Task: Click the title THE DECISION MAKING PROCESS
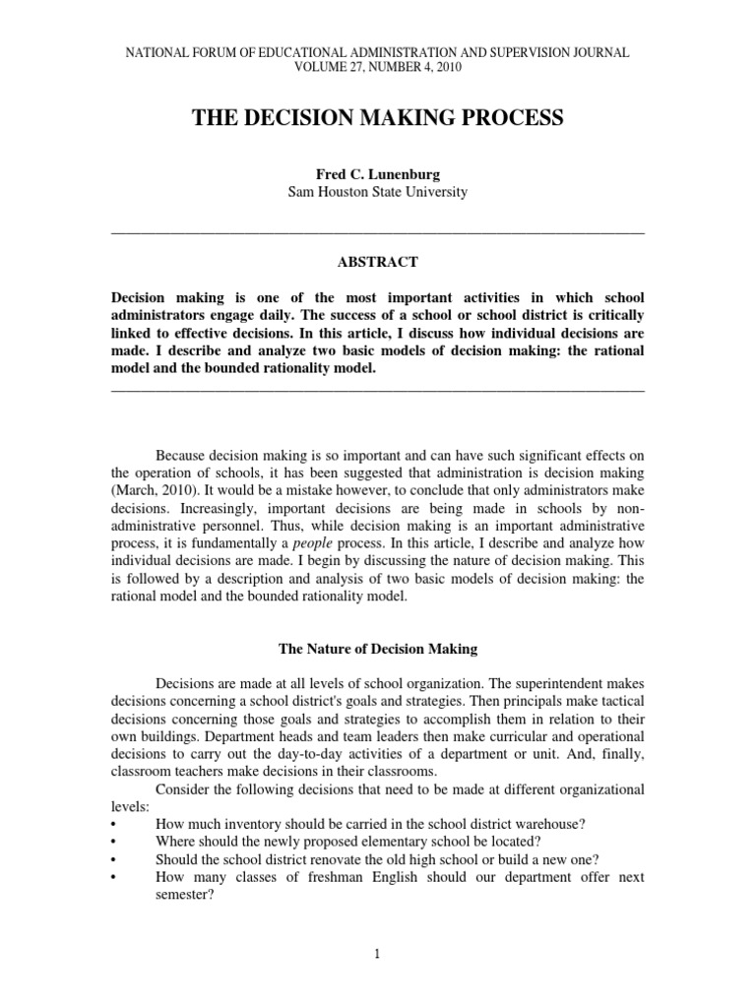[378, 119]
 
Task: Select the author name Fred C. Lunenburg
[378, 174]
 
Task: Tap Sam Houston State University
[378, 192]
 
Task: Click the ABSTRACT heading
[378, 262]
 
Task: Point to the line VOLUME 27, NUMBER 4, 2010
[378, 67]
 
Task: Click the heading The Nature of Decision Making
[378, 649]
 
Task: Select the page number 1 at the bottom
[378, 954]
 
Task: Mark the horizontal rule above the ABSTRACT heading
[378, 231]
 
